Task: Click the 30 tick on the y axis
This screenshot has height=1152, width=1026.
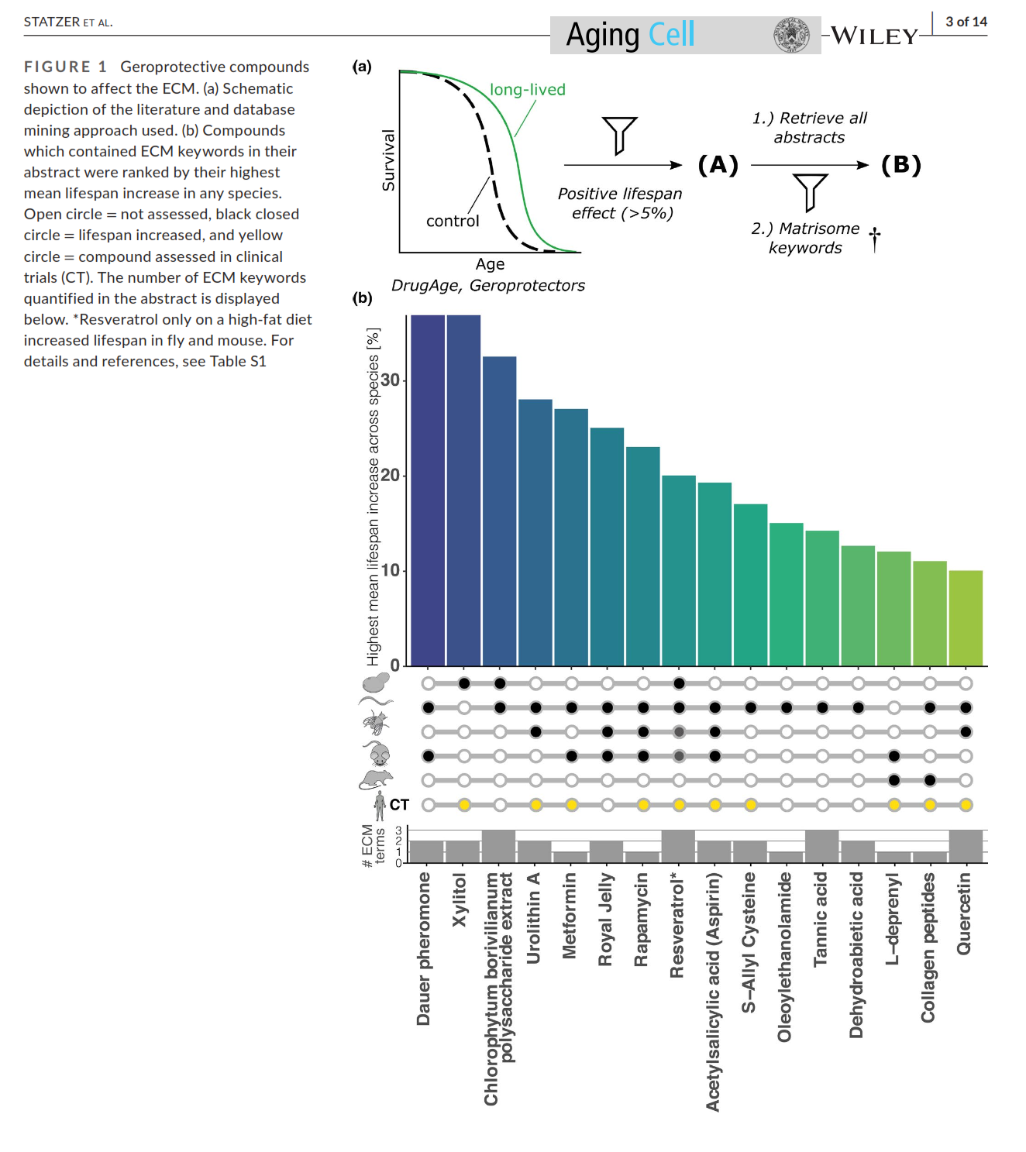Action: coord(391,380)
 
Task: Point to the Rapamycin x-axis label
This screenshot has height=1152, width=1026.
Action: coord(641,920)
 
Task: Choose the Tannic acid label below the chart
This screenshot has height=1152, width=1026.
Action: coord(821,920)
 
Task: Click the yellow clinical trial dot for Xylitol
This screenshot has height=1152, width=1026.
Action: coord(464,805)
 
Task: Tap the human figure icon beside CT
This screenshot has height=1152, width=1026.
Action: coord(380,806)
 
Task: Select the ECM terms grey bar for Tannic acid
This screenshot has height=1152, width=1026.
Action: coord(821,846)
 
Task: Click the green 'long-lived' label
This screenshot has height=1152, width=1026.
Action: coord(528,90)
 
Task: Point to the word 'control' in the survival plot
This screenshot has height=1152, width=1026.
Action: coord(453,222)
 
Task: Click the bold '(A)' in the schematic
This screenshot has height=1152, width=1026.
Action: coord(718,165)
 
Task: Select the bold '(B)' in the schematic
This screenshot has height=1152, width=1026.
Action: coord(901,165)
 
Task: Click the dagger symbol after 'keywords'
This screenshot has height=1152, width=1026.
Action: coord(875,239)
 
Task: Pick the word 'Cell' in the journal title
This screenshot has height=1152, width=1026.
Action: coord(671,35)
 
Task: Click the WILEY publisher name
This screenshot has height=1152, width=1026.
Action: coord(874,36)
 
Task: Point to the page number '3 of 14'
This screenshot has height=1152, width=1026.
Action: coord(966,22)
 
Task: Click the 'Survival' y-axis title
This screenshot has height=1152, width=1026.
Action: coord(388,160)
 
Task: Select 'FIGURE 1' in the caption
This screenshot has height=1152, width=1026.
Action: coord(65,67)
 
